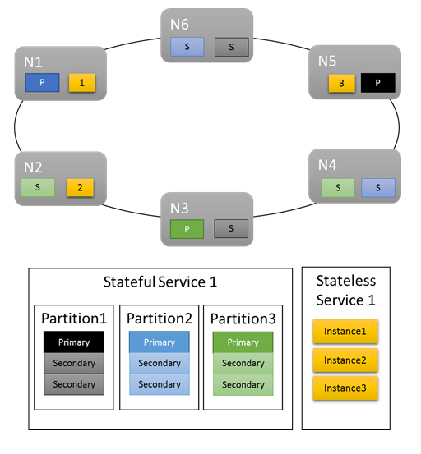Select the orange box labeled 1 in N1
(80, 82)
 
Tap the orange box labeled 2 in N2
(80, 188)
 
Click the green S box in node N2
(37, 188)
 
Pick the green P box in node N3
(186, 229)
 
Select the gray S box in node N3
(230, 229)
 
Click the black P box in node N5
(378, 83)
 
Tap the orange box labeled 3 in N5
(340, 83)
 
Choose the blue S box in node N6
(187, 47)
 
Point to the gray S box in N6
(231, 47)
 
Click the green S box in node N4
(339, 188)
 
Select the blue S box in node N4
(378, 188)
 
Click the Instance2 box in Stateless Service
(345, 360)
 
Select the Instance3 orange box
(345, 388)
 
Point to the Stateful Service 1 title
(160, 282)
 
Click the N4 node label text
(328, 165)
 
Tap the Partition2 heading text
(160, 318)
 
